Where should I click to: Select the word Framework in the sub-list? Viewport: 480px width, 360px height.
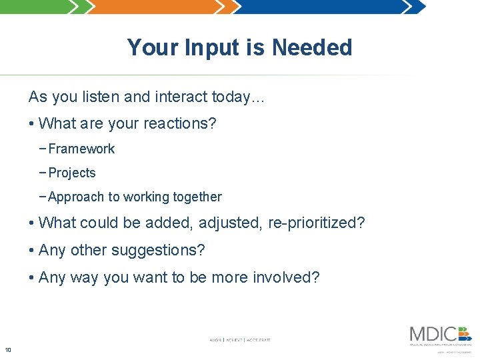point(81,149)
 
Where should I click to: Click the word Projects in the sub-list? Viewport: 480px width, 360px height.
point(72,173)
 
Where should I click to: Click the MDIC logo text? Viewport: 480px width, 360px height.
point(433,333)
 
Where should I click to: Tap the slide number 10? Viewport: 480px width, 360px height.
point(8,350)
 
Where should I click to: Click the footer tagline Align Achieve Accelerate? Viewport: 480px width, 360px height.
point(240,340)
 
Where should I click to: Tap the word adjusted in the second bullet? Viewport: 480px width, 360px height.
point(230,223)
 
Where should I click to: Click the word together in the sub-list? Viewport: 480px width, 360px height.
point(197,197)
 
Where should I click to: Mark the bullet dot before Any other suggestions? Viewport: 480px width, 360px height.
point(31,251)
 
